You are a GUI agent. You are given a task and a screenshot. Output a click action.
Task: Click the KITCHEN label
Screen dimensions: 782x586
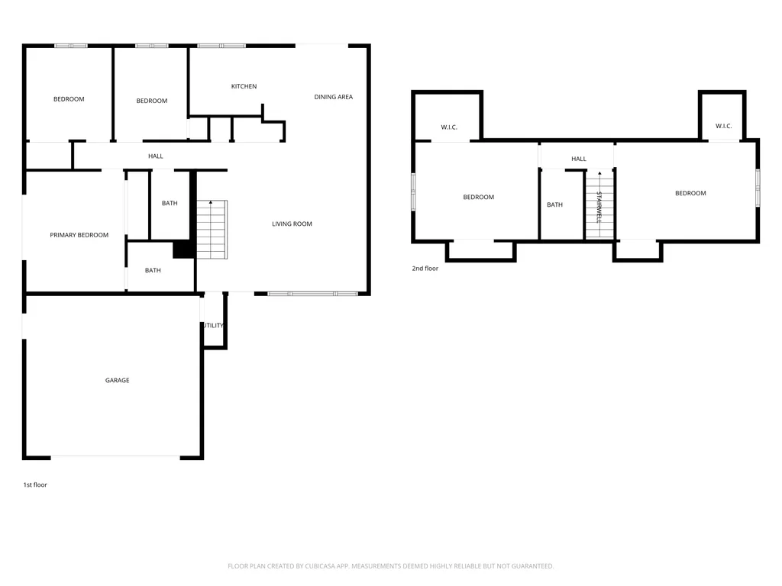tap(244, 86)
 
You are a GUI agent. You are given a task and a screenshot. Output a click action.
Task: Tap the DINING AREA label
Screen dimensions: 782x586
tap(333, 97)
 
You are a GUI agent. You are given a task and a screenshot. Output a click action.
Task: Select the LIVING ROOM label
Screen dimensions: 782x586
tap(292, 224)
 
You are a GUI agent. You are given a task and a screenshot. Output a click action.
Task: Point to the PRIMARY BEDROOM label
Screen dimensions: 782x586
tap(79, 235)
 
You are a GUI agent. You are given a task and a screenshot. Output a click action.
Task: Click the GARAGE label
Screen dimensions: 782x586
tap(117, 380)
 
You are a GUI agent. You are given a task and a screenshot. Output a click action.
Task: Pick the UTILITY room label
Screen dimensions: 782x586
tap(214, 325)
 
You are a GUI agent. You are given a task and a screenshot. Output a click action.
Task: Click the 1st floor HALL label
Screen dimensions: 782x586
tap(156, 156)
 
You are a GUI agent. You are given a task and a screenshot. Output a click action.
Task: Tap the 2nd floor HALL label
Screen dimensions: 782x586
tap(579, 159)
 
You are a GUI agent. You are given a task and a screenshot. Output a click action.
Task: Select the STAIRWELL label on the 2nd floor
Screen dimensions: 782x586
tap(599, 208)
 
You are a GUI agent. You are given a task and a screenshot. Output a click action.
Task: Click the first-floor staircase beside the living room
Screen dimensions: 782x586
tap(212, 230)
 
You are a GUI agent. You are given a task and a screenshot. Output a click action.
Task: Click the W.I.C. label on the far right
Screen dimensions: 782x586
tap(724, 126)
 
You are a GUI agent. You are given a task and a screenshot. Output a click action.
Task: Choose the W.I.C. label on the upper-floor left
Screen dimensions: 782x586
tap(449, 127)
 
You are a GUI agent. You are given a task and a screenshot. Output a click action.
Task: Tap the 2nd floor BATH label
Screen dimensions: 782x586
tap(554, 204)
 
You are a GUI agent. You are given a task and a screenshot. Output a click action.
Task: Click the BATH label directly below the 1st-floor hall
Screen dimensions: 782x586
tap(170, 203)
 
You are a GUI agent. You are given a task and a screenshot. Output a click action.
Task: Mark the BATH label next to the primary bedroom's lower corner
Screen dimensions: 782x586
tap(153, 270)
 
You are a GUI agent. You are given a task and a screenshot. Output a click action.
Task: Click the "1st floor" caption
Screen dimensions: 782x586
tap(35, 485)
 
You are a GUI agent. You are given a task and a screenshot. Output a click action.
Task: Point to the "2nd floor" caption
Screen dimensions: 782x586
tap(425, 268)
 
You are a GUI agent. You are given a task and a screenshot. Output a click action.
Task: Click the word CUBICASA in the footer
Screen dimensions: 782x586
tap(326, 566)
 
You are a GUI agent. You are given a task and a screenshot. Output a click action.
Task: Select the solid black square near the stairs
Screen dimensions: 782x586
tap(183, 250)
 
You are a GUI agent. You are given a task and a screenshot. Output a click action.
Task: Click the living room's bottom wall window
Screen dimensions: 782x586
tap(312, 294)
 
